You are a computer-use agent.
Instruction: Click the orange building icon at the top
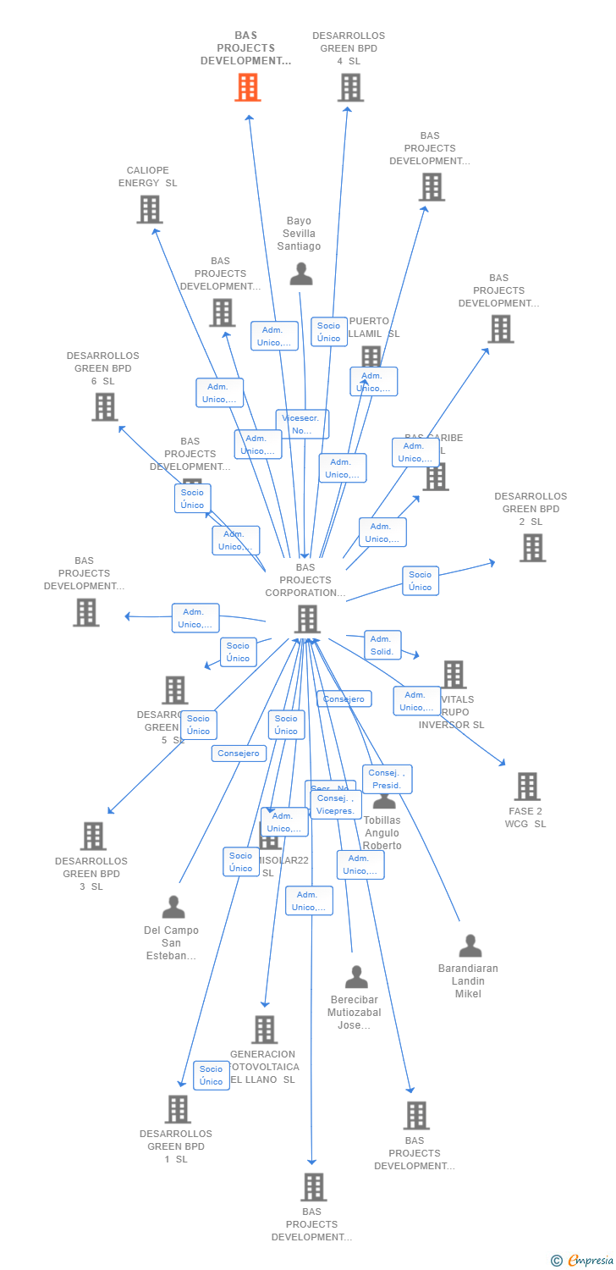(247, 87)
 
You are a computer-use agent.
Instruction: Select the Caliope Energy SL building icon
(149, 209)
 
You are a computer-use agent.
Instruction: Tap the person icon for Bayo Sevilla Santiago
(300, 273)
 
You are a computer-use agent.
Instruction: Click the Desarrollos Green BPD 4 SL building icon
(349, 87)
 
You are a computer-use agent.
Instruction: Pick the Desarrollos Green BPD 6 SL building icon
(104, 406)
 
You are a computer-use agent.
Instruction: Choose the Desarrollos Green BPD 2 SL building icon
(532, 548)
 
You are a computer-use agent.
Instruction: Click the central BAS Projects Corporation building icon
(306, 619)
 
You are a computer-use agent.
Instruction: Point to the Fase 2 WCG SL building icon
(526, 787)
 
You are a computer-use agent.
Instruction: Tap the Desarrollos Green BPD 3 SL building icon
(92, 836)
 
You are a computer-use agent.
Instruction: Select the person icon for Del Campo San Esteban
(173, 907)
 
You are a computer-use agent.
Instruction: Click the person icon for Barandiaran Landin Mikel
(470, 946)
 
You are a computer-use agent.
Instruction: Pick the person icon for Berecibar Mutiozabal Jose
(356, 977)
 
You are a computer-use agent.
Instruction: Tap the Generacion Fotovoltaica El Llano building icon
(264, 1030)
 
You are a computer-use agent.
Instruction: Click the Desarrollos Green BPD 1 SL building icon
(177, 1109)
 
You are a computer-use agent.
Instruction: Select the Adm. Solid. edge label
(382, 645)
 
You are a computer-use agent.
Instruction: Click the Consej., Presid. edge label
(388, 779)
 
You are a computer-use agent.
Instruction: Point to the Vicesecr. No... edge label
(302, 424)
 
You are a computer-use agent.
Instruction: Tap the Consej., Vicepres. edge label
(336, 804)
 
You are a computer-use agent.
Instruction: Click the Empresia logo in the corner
(583, 1261)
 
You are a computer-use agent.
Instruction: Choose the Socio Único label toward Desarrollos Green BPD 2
(420, 581)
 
